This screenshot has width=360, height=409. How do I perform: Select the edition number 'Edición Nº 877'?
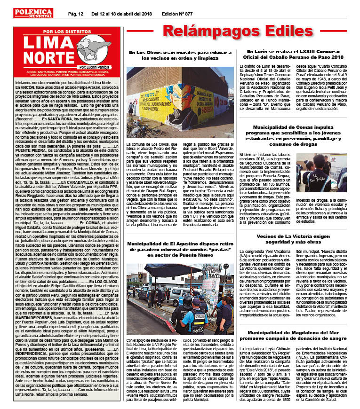click(x=177, y=13)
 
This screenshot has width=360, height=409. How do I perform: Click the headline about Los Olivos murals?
click(x=180, y=55)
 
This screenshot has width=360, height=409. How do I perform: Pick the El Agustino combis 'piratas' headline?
click(x=180, y=249)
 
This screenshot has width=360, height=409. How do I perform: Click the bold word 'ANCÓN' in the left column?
click(x=27, y=87)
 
